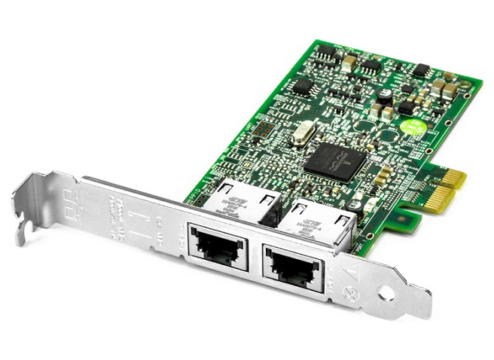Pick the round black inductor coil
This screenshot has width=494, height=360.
coord(384,96)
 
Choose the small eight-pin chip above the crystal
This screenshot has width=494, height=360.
coord(303,86)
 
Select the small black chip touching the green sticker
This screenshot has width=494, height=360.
coord(406,106)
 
